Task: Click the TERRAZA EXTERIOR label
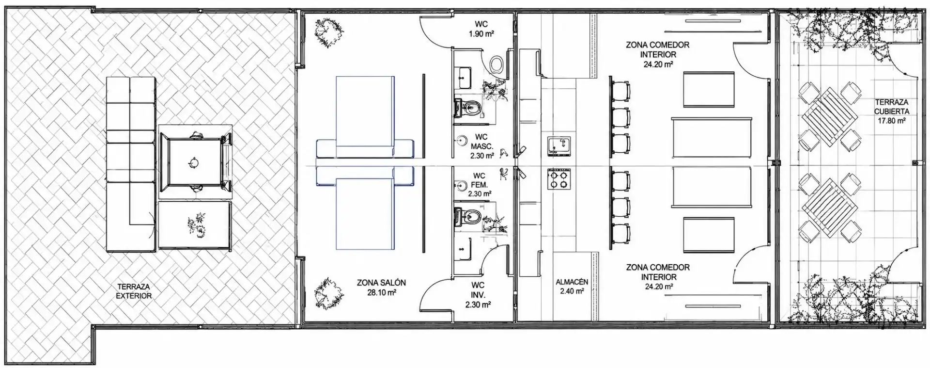[x=134, y=291]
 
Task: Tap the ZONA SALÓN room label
[x=382, y=283]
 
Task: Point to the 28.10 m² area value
[x=382, y=292]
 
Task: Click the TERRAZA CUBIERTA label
[x=892, y=107]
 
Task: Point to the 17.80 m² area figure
[x=892, y=121]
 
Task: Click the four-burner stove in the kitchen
[x=559, y=179]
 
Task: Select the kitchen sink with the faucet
[x=559, y=146]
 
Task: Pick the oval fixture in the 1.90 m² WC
[x=496, y=64]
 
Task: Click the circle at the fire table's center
[x=193, y=162]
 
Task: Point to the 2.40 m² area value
[x=572, y=291]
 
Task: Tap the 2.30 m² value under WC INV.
[x=478, y=304]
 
